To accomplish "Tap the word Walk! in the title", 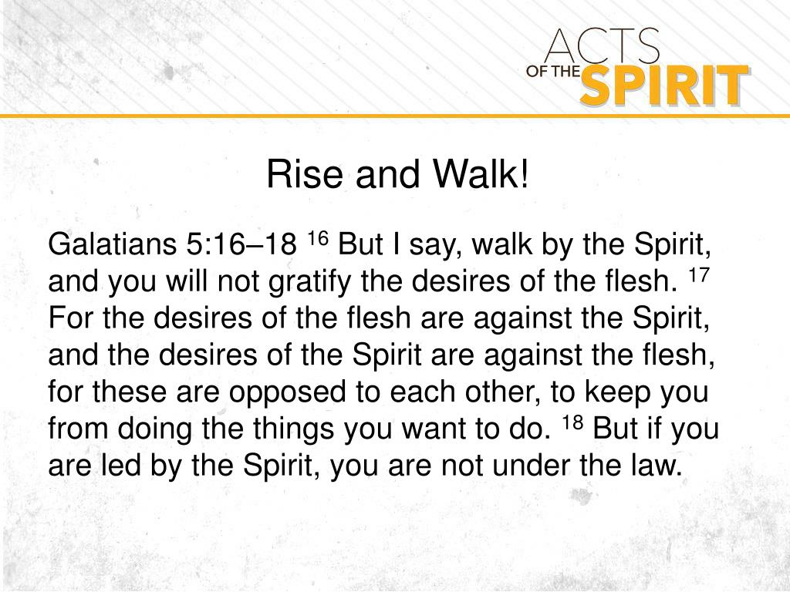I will coord(481,175).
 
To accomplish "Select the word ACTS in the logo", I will coord(602,48).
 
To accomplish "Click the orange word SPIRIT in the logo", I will coord(663,86).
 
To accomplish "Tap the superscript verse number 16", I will coord(318,238).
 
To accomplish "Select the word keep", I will coord(617,393).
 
